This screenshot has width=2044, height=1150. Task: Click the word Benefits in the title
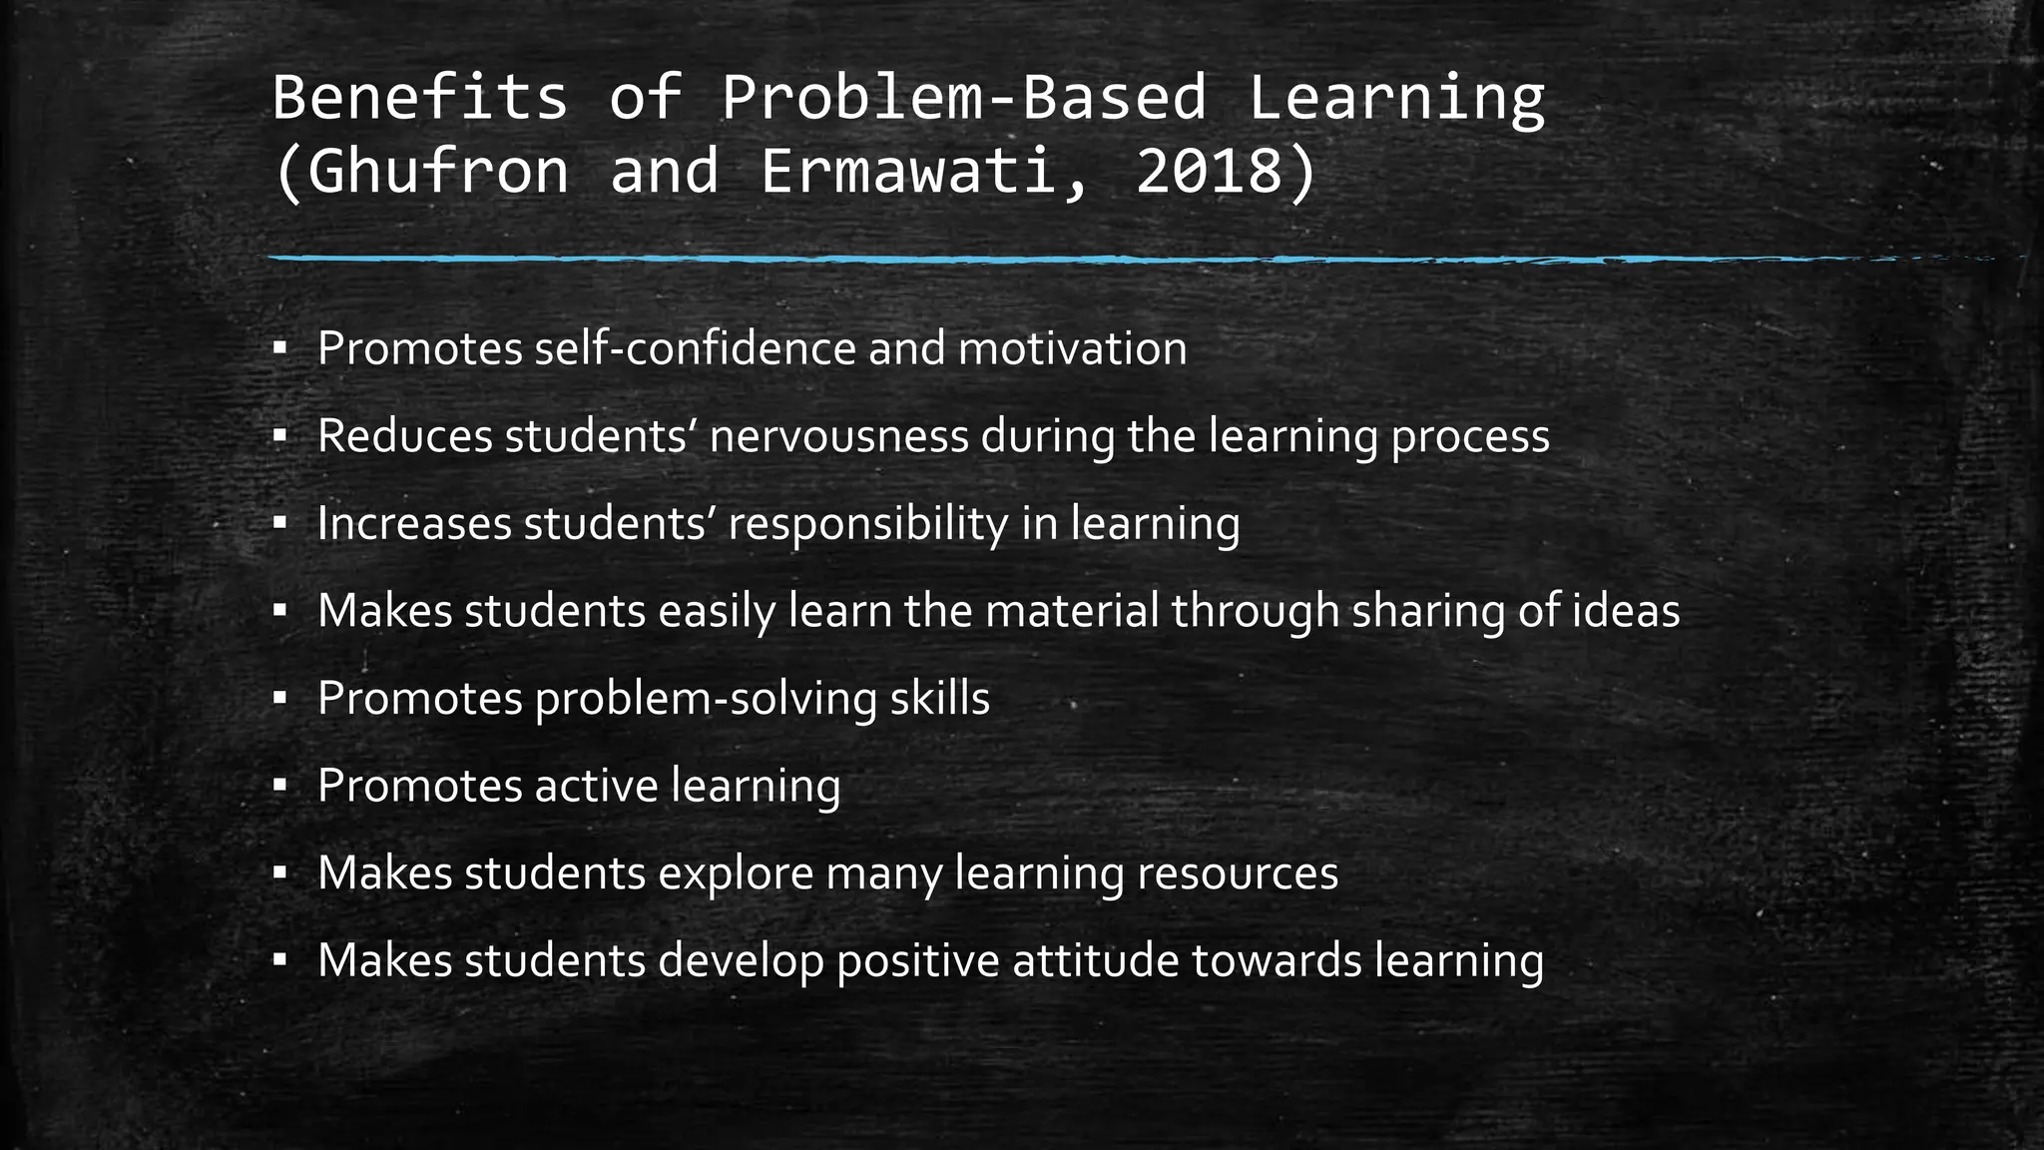point(419,98)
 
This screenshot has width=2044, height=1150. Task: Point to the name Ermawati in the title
point(908,171)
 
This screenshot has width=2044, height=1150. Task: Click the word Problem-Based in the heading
point(964,98)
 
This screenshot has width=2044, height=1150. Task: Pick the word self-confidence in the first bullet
point(696,348)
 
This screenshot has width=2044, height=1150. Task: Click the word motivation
point(1072,348)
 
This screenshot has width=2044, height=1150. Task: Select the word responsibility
point(867,523)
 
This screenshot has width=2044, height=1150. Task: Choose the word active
point(596,786)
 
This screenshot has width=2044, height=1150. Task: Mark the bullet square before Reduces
point(279,436)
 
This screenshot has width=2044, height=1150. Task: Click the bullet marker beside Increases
point(279,523)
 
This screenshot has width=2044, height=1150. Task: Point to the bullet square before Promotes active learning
point(279,786)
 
